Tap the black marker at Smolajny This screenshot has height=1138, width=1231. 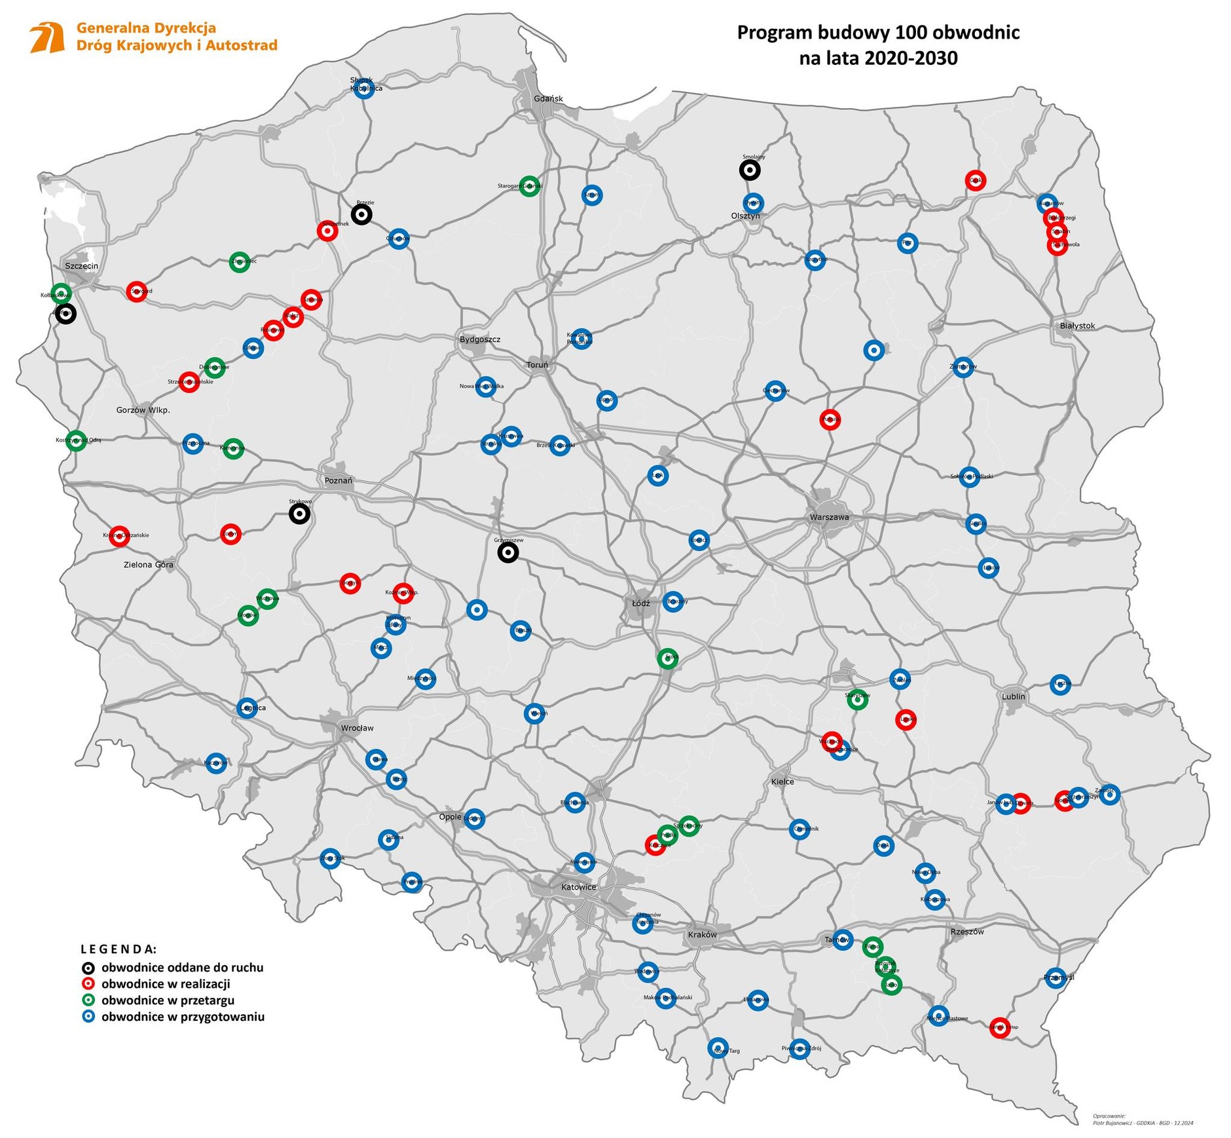750,170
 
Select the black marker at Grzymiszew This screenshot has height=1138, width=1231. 508,553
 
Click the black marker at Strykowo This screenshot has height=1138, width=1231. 299,514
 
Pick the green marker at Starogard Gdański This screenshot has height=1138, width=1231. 529,186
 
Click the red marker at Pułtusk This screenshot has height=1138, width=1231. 830,419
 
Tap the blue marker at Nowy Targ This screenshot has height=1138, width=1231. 718,1047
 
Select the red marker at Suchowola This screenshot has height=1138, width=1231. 1057,245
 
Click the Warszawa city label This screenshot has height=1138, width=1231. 829,517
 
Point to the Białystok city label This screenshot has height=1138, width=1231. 1076,326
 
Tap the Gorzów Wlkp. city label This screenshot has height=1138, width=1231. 143,410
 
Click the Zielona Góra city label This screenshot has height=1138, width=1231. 149,564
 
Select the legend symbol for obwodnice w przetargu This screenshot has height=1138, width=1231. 88,1000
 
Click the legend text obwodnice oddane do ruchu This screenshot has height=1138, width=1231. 182,967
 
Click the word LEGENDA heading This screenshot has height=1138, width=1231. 119,948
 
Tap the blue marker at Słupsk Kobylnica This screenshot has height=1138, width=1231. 363,89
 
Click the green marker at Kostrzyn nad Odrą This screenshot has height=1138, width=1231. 77,440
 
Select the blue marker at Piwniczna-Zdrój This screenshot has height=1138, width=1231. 799,1048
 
